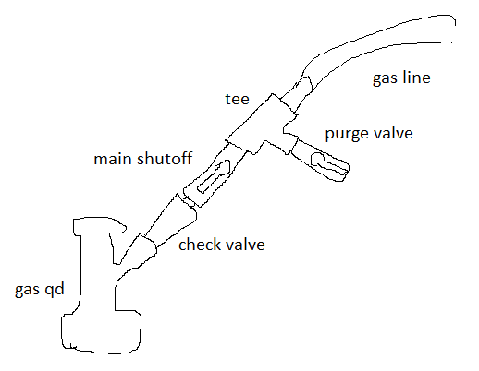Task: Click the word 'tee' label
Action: pyautogui.click(x=237, y=99)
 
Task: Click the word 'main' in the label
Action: pyautogui.click(x=114, y=159)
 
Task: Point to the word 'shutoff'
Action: pyautogui.click(x=165, y=158)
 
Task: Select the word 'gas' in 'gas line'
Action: pyautogui.click(x=385, y=78)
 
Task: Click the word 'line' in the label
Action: pyautogui.click(x=416, y=77)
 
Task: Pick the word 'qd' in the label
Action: pyautogui.click(x=55, y=290)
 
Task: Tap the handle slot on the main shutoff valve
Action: pyautogui.click(x=214, y=176)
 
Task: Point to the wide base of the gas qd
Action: pyautogui.click(x=102, y=332)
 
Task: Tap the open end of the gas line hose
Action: pyautogui.click(x=454, y=30)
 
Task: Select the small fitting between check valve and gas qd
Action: pyautogui.click(x=144, y=247)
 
